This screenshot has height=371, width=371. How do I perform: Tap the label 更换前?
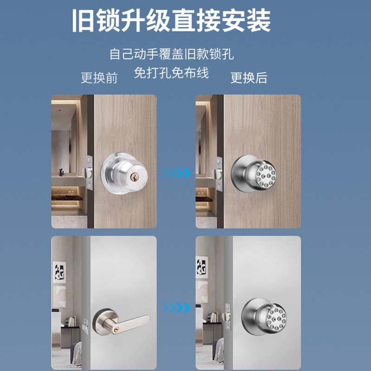(x=99, y=77)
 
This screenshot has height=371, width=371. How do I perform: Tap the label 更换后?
(x=249, y=77)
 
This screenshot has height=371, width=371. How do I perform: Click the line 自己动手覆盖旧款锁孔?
(x=172, y=54)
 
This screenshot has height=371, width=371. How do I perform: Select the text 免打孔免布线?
(x=172, y=73)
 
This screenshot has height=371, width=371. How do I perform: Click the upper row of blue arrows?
(x=176, y=173)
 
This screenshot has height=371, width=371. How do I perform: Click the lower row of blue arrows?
(x=176, y=307)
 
